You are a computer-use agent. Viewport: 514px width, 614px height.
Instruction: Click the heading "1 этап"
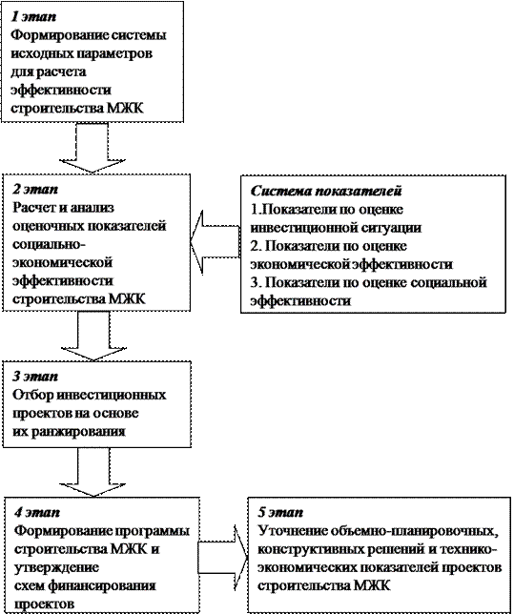[33, 17]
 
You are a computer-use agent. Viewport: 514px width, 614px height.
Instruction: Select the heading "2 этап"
[35, 189]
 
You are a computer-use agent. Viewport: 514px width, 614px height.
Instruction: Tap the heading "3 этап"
[35, 376]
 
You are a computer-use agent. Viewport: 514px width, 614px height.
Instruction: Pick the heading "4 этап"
[37, 512]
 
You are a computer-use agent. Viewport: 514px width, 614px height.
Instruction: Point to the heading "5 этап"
[280, 512]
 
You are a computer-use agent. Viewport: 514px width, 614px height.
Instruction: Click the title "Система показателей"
[326, 191]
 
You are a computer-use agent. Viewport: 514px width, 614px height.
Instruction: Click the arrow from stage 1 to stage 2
[93, 148]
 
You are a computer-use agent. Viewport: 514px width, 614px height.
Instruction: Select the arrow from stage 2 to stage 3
[94, 336]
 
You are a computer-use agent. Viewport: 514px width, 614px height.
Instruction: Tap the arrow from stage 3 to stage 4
[93, 472]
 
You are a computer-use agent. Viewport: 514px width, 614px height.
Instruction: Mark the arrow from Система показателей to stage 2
[216, 241]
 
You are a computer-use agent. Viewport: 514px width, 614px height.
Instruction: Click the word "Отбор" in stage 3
[33, 395]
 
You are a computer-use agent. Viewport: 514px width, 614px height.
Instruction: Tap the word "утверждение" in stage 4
[56, 567]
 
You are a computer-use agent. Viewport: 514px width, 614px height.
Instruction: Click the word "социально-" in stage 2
[49, 244]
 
